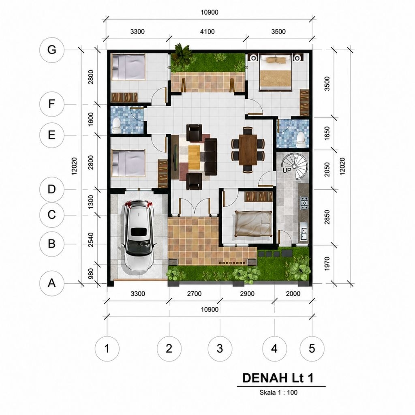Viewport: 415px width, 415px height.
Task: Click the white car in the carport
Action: point(138,235)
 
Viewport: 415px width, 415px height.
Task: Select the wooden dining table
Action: point(248,150)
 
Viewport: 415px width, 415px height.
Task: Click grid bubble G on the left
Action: point(51,50)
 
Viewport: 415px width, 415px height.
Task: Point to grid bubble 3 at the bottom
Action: point(220,349)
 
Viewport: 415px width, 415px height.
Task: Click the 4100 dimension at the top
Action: point(207,32)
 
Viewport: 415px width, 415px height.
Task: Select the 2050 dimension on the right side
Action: point(327,170)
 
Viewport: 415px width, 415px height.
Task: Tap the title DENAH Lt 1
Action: point(278,378)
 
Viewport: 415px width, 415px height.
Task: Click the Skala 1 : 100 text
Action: point(278,392)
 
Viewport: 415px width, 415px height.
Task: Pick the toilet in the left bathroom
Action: point(116,125)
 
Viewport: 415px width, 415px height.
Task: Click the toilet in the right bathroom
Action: point(301,140)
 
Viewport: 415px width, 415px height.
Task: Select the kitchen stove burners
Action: point(304,203)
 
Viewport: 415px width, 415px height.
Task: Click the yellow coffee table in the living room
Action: point(194,157)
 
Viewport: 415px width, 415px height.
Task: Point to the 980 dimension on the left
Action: point(90,274)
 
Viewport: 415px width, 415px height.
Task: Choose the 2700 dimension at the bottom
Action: point(194,293)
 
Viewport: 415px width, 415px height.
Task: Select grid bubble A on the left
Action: point(51,283)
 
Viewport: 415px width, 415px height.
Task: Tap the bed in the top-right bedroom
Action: point(275,72)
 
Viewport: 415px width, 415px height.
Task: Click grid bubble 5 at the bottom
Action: point(312,349)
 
